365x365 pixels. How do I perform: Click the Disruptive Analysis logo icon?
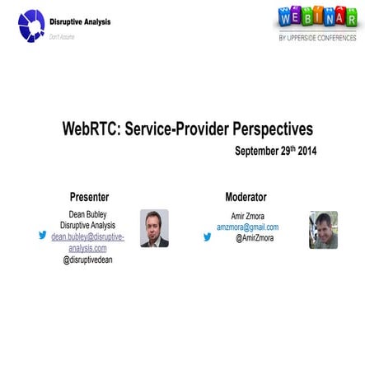[x=31, y=25]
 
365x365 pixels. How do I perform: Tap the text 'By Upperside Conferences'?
[x=317, y=38]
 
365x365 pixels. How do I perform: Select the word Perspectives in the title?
[x=273, y=130]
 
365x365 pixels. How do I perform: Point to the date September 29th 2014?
[x=275, y=152]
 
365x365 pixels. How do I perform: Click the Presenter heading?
[x=89, y=197]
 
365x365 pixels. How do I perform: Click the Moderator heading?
[x=246, y=197]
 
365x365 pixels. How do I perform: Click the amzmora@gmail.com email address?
[x=247, y=227]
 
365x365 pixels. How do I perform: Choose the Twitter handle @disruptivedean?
[x=87, y=260]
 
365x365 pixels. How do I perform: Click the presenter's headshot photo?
[x=153, y=227]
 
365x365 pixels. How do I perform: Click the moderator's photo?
[x=323, y=229]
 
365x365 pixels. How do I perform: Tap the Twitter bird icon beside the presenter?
[x=43, y=235]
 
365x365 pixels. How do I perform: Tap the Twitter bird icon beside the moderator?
[x=207, y=236]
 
